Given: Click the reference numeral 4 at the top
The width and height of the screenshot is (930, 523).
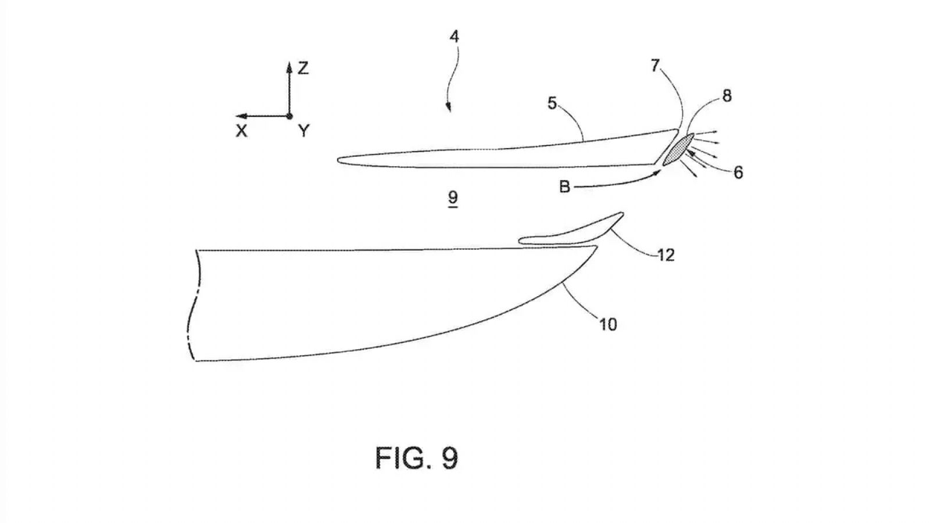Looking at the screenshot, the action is pos(455,37).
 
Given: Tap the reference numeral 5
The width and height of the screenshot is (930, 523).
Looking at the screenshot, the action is pos(552,103).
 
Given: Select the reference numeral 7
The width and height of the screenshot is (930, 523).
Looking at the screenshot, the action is pos(655,66).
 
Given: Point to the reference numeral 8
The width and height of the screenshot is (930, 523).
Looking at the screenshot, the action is pos(727,96).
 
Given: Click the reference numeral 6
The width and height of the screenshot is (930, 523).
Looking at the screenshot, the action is pos(738,172).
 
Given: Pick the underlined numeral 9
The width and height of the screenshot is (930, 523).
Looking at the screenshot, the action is pos(453,198).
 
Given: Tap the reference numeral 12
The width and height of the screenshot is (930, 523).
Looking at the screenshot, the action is pos(666,255).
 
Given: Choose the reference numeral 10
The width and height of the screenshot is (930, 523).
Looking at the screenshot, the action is pos(608,324).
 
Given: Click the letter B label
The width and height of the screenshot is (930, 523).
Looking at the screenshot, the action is pos(564,187).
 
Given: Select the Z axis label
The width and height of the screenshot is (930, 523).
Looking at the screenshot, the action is pos(303,68).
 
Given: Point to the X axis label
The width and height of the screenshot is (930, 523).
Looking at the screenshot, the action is pos(241,131).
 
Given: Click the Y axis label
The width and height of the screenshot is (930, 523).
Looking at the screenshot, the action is pos(304,131).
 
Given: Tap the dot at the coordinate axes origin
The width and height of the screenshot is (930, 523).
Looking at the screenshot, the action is pos(289,116).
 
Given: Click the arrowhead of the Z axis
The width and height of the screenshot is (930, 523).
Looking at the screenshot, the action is pos(289,65).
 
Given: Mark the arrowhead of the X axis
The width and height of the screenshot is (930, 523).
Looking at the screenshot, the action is pos(239,116).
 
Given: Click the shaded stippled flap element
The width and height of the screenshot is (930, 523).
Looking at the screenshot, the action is pos(678,149).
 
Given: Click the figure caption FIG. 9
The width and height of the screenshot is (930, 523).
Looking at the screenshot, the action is pos(416,458).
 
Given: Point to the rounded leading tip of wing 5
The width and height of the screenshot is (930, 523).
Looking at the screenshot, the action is pos(338,160).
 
